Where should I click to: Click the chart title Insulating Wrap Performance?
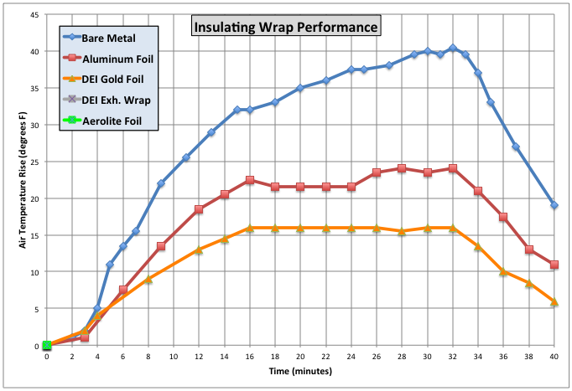tap(286, 26)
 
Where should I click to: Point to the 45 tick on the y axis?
tap(34, 14)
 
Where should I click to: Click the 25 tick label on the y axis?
tap(34, 162)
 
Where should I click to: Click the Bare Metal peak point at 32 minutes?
tap(453, 48)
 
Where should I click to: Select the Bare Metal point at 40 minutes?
tap(554, 205)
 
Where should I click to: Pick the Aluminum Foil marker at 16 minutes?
tap(250, 180)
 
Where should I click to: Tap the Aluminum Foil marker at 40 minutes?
tap(554, 265)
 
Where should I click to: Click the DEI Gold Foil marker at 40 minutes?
tap(554, 301)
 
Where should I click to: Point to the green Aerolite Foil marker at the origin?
tap(47, 345)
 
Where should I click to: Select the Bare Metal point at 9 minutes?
tap(161, 183)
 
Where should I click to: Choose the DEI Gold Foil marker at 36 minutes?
tap(503, 271)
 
